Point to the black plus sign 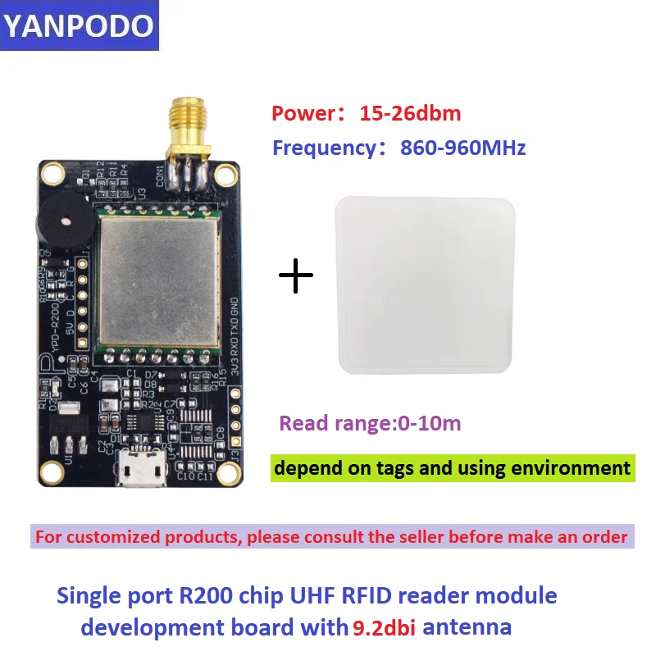pos(297,276)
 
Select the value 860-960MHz pos(462,148)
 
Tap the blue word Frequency pos(324,148)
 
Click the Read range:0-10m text pos(370,423)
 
